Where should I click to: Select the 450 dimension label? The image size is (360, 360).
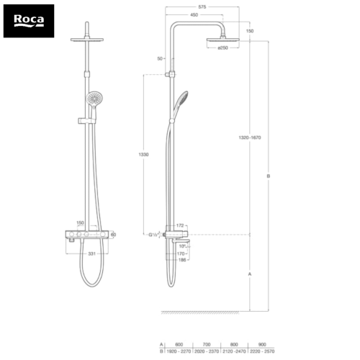pyautogui.click(x=194, y=14)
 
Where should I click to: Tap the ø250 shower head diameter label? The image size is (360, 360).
pyautogui.click(x=222, y=48)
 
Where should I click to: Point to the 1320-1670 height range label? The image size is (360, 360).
pyautogui.click(x=251, y=137)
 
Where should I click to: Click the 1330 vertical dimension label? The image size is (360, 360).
pyautogui.click(x=145, y=154)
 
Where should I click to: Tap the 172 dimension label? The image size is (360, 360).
pyautogui.click(x=181, y=227)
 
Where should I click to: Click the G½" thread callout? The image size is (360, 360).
pyautogui.click(x=154, y=235)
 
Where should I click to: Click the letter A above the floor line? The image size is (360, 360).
pyautogui.click(x=249, y=274)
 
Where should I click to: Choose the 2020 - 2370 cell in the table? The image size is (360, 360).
pyautogui.click(x=206, y=353)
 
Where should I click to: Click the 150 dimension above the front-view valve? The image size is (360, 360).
pyautogui.click(x=81, y=223)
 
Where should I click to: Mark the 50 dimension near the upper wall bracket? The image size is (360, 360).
pyautogui.click(x=159, y=58)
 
